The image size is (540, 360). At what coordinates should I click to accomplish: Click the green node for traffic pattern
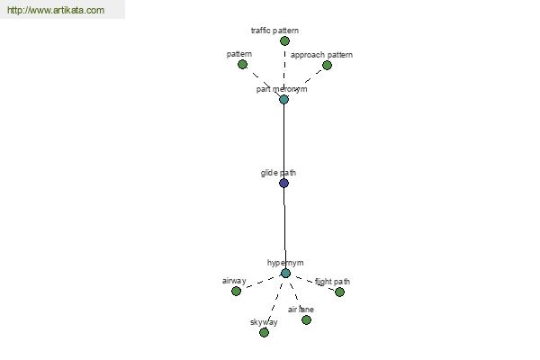coord(284,41)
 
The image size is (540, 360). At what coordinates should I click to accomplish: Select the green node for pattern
coord(242,65)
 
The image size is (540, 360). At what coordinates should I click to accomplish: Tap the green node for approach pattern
coord(328,65)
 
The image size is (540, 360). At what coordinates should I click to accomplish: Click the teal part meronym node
coord(283,100)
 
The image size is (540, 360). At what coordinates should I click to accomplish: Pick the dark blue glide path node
coord(283,183)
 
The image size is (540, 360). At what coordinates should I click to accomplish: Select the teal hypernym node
coord(285,274)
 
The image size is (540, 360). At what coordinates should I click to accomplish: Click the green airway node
coord(236,291)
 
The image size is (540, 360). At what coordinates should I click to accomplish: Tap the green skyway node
coord(264,332)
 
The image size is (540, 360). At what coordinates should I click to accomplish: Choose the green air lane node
coord(306,320)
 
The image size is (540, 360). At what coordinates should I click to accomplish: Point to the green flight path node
coord(339,292)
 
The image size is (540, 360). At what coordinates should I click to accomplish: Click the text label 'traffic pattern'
coord(274,31)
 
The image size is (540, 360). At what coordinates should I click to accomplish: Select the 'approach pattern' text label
coord(321,55)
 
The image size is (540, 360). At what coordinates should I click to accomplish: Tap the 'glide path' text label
coord(278,173)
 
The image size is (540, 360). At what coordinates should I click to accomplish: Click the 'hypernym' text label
coord(285,263)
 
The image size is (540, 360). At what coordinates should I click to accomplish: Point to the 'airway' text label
coord(234,281)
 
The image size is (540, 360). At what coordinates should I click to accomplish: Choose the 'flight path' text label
coord(332,282)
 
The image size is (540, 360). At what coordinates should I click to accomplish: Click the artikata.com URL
coord(56,10)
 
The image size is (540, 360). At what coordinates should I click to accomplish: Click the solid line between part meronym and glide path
coord(283,141)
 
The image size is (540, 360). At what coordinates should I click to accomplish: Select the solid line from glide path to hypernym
coord(284,228)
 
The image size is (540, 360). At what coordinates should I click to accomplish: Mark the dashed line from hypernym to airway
coord(261,283)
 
